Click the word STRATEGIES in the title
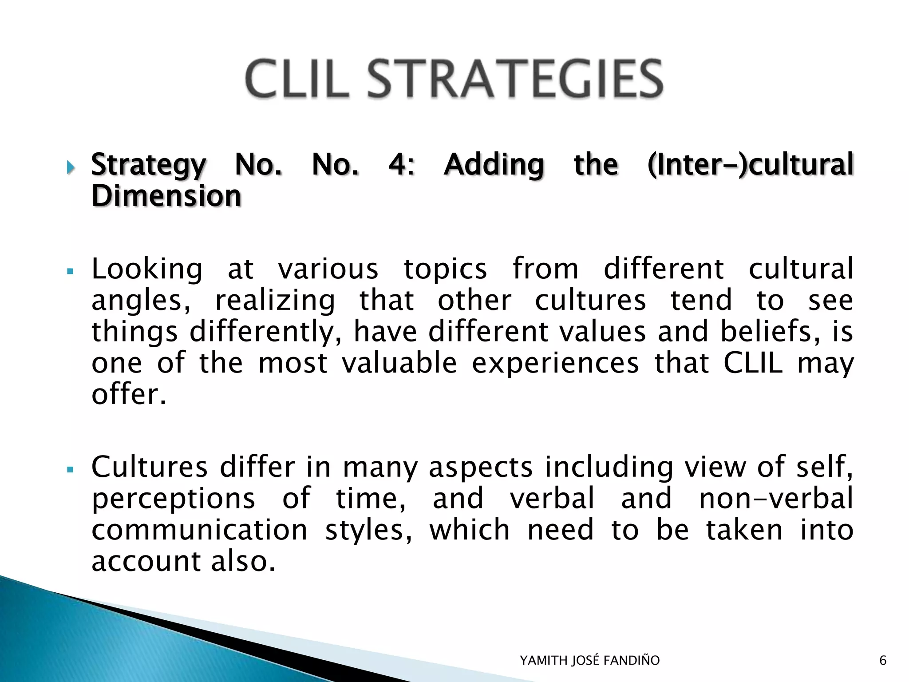[515, 79]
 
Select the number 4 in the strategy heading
[399, 164]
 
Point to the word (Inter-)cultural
[750, 164]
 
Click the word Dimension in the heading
[166, 196]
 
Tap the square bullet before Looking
[70, 270]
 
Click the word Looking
[147, 269]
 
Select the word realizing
[275, 301]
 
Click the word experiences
[555, 363]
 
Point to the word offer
[129, 394]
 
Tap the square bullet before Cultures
[70, 469]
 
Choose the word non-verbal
[776, 498]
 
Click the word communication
[199, 530]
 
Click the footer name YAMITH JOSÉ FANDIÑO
[589, 661]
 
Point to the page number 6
[882, 661]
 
